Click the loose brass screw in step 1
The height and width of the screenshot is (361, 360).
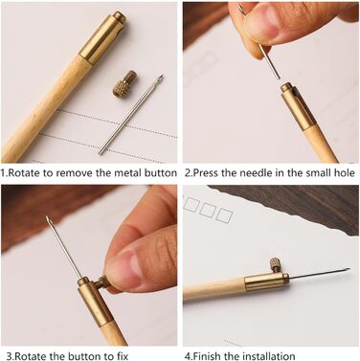pos(125,85)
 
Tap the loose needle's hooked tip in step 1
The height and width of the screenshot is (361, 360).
pos(161,77)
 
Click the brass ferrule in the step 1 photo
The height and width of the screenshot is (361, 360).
pos(102,37)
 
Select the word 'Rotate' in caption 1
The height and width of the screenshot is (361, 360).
pos(24,173)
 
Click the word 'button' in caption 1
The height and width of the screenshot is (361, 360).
pos(161,173)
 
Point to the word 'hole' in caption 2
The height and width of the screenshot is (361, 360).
pos(344,173)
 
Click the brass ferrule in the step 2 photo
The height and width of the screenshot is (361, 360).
pos(296,106)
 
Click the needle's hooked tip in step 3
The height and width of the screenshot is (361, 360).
pos(47,219)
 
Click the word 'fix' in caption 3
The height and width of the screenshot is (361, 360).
pos(121,356)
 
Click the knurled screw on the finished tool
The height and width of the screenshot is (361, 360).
pos(275,264)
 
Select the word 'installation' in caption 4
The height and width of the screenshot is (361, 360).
pos(269,356)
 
